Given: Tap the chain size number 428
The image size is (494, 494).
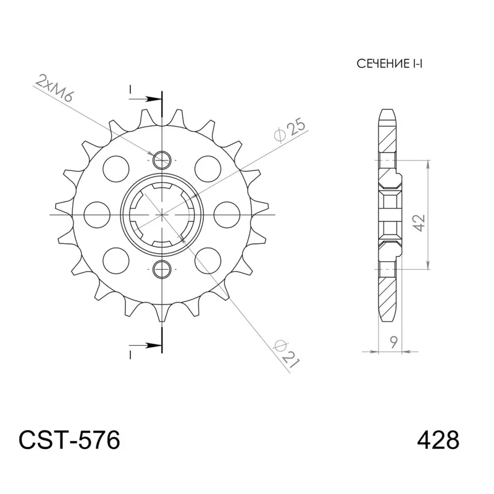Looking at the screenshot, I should coord(438,441).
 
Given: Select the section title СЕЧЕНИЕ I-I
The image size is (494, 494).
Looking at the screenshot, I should coord(388,64).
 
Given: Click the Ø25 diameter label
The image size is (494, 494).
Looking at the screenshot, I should coord(288,130).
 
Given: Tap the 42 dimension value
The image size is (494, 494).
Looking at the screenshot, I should coord(418,223).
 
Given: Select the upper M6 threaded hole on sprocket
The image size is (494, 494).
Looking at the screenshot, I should coord(162,159).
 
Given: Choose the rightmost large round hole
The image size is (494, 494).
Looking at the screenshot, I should coord(230,213).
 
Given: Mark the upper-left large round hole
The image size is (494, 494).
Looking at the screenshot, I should coord(115,167).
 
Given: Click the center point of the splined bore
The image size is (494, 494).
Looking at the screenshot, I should coord(162,213).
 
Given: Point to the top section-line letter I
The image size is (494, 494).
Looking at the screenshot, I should coord(130,91).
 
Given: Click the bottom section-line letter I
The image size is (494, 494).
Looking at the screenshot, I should coord(130,354).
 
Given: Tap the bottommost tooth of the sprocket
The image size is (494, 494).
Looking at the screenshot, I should coord(162,314).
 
